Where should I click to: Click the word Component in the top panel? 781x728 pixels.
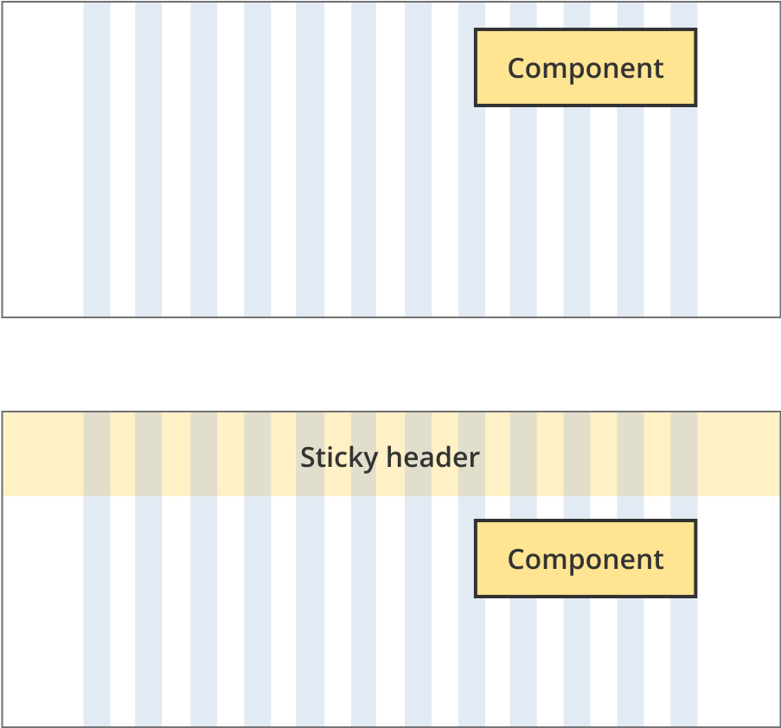586,68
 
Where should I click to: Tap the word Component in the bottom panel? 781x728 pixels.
586,559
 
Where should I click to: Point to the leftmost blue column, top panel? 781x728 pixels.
97,173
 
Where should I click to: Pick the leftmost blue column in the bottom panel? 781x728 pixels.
97,605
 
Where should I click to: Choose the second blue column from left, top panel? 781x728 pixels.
149,173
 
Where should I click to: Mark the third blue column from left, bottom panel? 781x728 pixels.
204,605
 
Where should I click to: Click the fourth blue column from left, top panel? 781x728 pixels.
258,173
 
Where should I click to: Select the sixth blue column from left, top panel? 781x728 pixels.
364,173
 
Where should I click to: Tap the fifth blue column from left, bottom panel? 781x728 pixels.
310,605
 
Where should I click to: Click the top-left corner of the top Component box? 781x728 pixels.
476,30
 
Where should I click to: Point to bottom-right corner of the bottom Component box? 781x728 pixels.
695,596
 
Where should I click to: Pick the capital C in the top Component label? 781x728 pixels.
515,68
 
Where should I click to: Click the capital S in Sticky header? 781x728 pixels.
307,457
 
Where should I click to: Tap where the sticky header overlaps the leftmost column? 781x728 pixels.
97,454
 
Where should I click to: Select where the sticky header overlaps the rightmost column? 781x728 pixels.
684,454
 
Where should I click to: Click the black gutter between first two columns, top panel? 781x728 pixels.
123,173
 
